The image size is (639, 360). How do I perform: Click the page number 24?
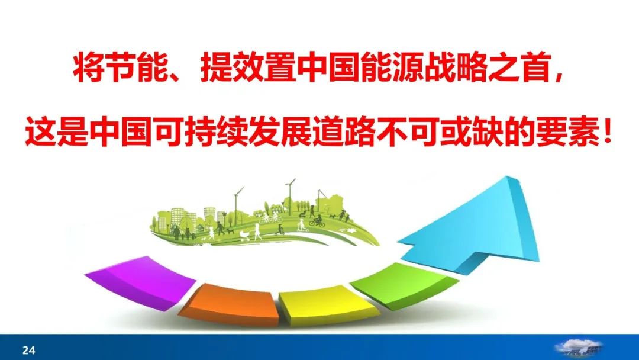[28, 350]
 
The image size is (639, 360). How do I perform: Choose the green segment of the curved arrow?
[404, 285]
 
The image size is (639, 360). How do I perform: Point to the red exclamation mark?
[606, 132]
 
